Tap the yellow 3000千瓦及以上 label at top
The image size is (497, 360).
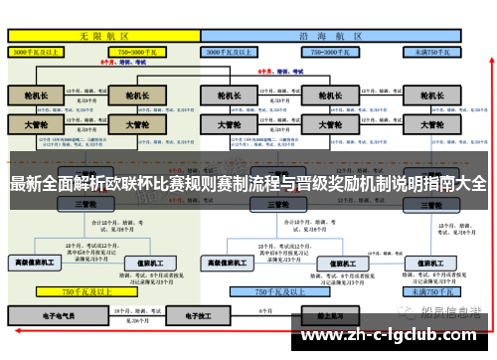(x=40, y=50)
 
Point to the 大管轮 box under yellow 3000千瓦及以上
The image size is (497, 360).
(x=36, y=126)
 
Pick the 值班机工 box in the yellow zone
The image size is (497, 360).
(x=151, y=262)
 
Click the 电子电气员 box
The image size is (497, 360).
(x=59, y=314)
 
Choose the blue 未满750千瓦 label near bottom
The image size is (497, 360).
(x=430, y=291)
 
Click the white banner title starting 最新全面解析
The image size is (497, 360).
(x=248, y=184)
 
